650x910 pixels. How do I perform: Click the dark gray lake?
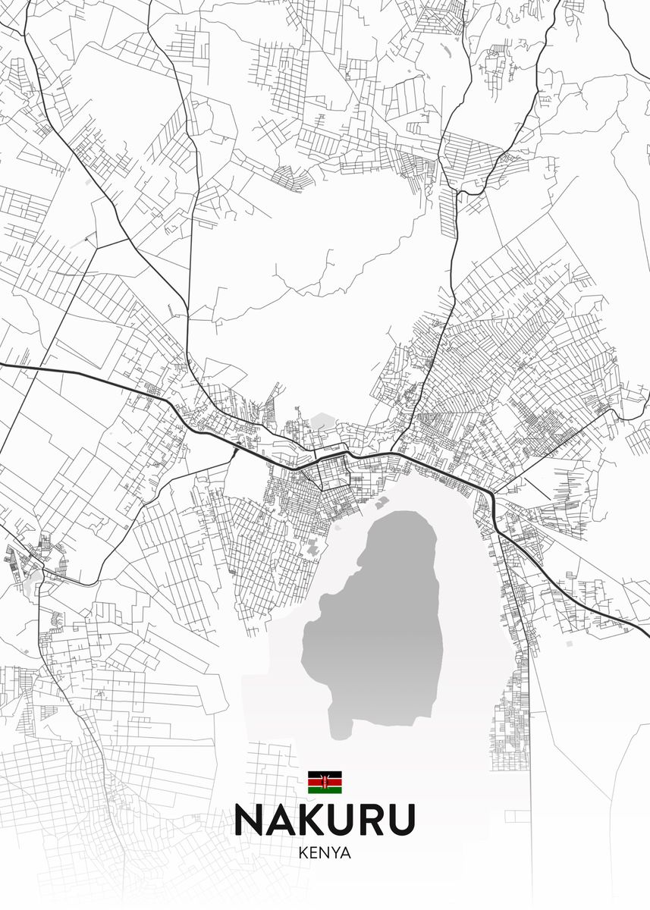pyautogui.click(x=379, y=622)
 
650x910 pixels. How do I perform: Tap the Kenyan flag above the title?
pyautogui.click(x=325, y=782)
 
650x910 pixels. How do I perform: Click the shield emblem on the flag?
pyautogui.click(x=325, y=782)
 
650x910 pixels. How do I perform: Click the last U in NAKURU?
pyautogui.click(x=403, y=820)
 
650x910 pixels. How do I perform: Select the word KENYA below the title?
pyautogui.click(x=325, y=852)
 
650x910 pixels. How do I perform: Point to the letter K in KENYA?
pyautogui.click(x=303, y=852)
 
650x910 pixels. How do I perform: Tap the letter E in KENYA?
pyautogui.click(x=313, y=852)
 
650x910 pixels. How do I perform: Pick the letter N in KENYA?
pyautogui.click(x=324, y=852)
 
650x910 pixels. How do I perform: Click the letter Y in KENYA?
pyautogui.click(x=335, y=852)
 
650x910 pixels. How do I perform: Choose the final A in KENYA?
pyautogui.click(x=346, y=852)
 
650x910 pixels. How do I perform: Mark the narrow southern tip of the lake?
pyautogui.click(x=341, y=728)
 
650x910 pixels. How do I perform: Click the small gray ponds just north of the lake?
pyautogui.click(x=382, y=502)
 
